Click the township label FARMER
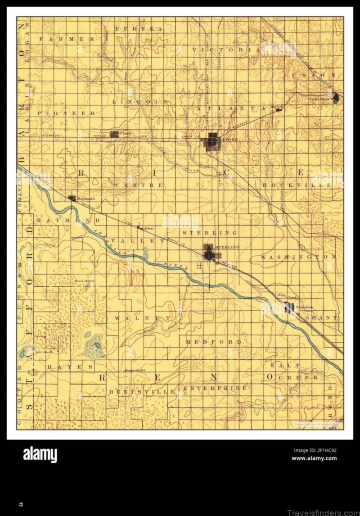click(x=67, y=39)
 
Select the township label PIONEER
click(x=66, y=113)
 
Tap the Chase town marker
click(x=114, y=134)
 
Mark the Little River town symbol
click(x=336, y=98)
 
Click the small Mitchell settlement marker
click(x=279, y=109)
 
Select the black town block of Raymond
click(x=72, y=198)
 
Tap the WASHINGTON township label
click(x=298, y=257)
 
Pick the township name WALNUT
click(x=142, y=318)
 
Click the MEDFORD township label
click(x=220, y=342)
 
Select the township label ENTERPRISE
click(x=215, y=388)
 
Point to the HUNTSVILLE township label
click(x=141, y=392)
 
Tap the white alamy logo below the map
click(x=40, y=455)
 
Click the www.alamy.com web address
click(x=314, y=458)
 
